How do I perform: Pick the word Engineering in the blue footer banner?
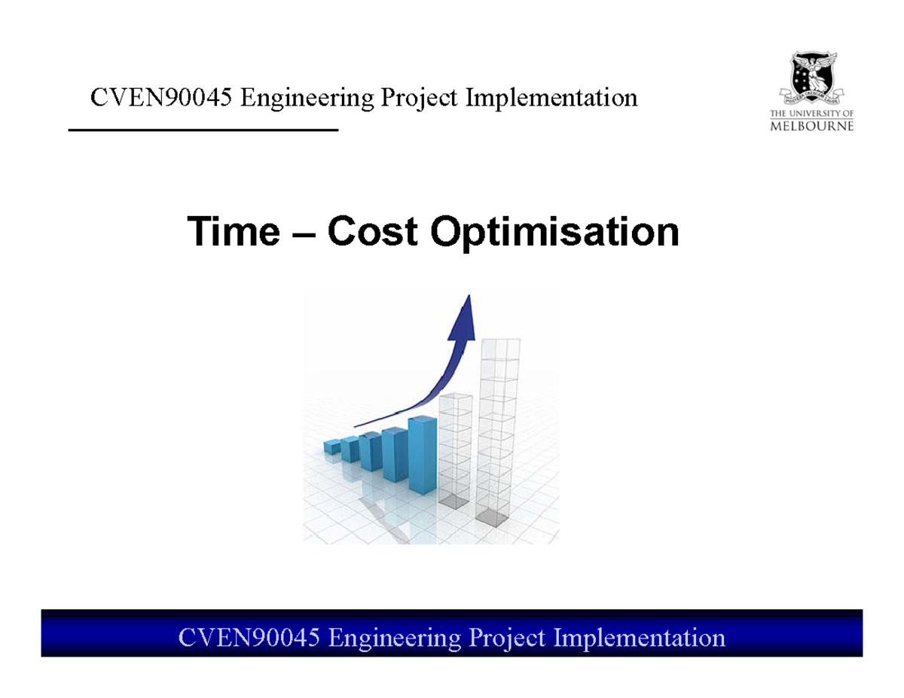click(395, 638)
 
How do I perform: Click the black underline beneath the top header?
click(203, 131)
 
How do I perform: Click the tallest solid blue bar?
click(423, 455)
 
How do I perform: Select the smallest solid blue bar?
click(332, 447)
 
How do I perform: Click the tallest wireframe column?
click(499, 429)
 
